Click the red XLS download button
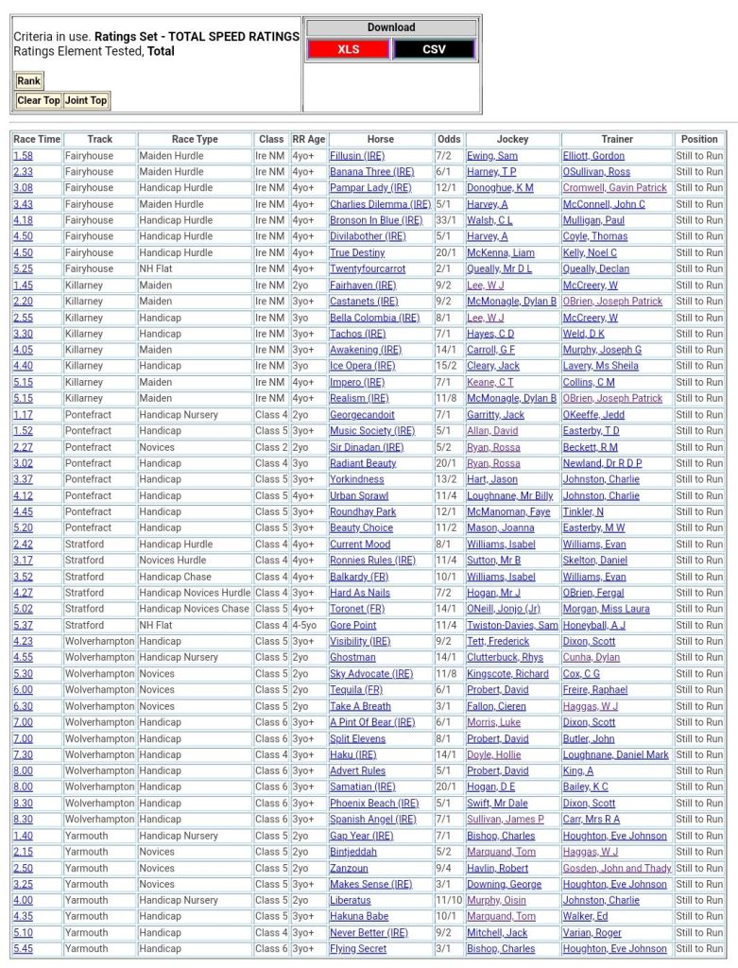click(349, 49)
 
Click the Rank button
click(28, 81)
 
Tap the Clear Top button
click(39, 100)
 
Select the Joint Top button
click(86, 100)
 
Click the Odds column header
click(449, 139)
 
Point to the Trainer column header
click(617, 139)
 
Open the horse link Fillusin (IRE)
click(357, 156)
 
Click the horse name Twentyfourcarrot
click(368, 268)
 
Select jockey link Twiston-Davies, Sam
click(512, 625)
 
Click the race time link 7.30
click(24, 754)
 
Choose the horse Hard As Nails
click(359, 593)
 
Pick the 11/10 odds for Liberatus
click(449, 900)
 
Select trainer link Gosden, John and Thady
click(617, 868)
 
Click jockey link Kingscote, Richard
click(507, 674)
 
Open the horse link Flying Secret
click(358, 948)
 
